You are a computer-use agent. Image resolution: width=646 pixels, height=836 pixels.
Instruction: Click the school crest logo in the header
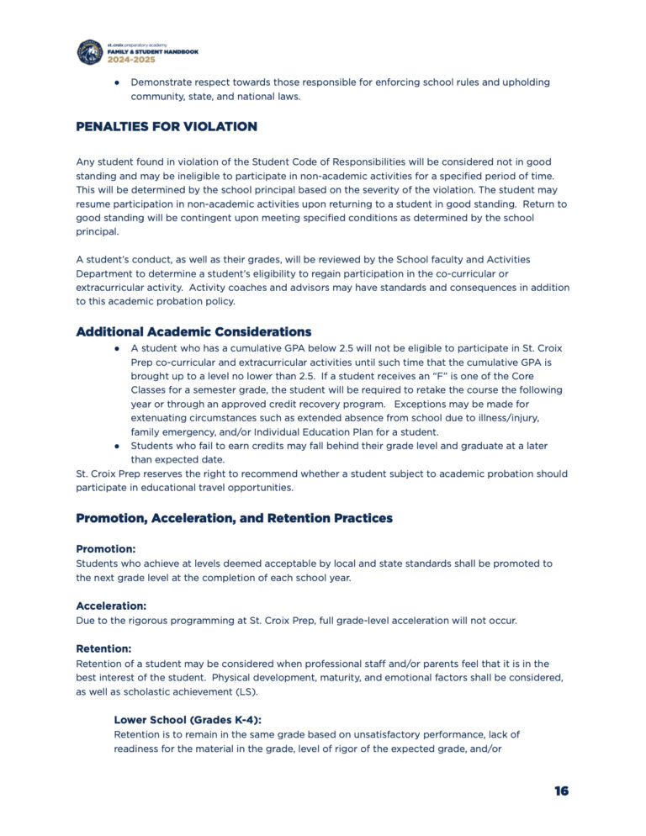tap(90, 52)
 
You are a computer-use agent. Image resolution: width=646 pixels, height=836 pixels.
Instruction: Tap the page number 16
tap(561, 791)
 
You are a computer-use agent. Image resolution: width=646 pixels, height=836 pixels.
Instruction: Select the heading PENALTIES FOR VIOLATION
tap(167, 127)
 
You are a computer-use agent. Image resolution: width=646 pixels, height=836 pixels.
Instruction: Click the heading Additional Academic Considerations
tap(193, 331)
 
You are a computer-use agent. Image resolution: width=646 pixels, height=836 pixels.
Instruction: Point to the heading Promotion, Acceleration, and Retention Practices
tap(234, 518)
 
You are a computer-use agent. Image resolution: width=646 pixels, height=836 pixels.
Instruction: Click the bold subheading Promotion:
tap(106, 548)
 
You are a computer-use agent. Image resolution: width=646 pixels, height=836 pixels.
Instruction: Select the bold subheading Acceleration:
tap(111, 606)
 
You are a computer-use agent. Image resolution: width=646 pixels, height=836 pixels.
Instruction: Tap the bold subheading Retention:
tap(104, 648)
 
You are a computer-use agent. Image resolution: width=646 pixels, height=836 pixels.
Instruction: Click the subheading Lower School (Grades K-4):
tap(188, 720)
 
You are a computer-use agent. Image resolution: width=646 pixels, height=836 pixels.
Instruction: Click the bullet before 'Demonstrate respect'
tap(119, 82)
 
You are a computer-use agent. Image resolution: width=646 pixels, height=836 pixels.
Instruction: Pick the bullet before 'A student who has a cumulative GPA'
tap(119, 347)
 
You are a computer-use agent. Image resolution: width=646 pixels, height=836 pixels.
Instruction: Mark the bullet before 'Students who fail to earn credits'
tap(119, 447)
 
